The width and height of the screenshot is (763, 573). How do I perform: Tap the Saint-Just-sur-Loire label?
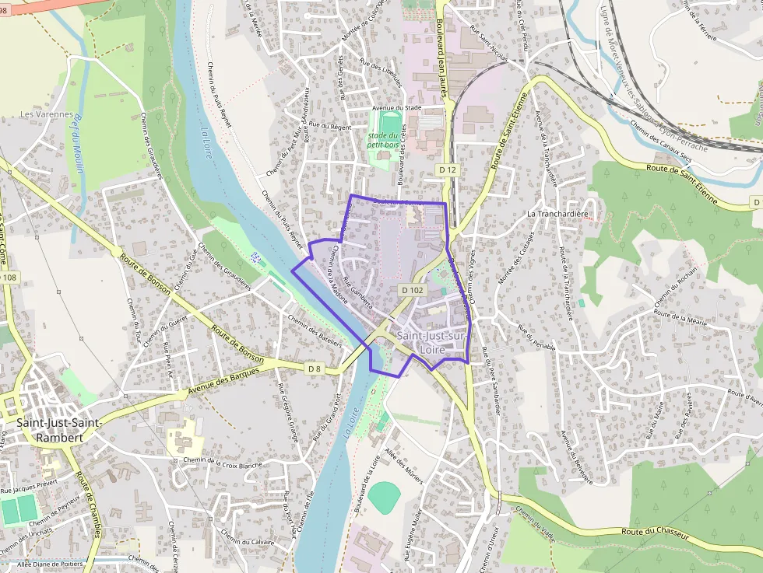tap(431, 342)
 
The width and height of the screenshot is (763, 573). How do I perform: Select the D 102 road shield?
tap(413, 289)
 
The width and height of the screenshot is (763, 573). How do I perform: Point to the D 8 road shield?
tap(314, 368)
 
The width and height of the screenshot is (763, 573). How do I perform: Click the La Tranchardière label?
tap(557, 213)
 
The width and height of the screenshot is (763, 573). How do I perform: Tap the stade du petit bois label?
tap(382, 140)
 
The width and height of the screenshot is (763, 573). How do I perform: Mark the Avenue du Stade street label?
tap(397, 107)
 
